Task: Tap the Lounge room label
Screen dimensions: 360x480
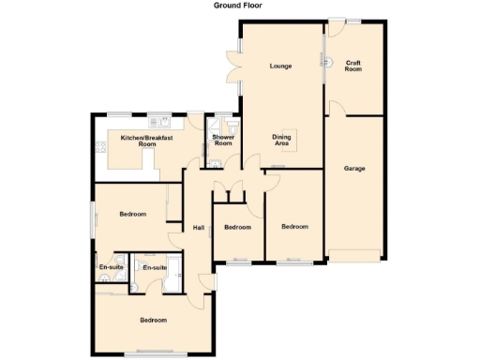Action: [279, 66]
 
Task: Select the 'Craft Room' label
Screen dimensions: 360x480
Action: [352, 66]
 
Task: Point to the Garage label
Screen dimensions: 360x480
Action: [353, 169]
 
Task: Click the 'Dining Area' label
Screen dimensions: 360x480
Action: [281, 141]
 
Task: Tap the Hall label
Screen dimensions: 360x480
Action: [199, 228]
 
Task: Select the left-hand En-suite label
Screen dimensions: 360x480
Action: [111, 267]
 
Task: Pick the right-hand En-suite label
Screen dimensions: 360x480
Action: [154, 267]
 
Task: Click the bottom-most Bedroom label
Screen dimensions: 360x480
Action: [154, 321]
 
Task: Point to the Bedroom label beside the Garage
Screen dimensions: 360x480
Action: [295, 226]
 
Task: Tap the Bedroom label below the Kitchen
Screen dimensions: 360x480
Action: [133, 215]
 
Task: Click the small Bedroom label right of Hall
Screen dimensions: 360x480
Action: [237, 228]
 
